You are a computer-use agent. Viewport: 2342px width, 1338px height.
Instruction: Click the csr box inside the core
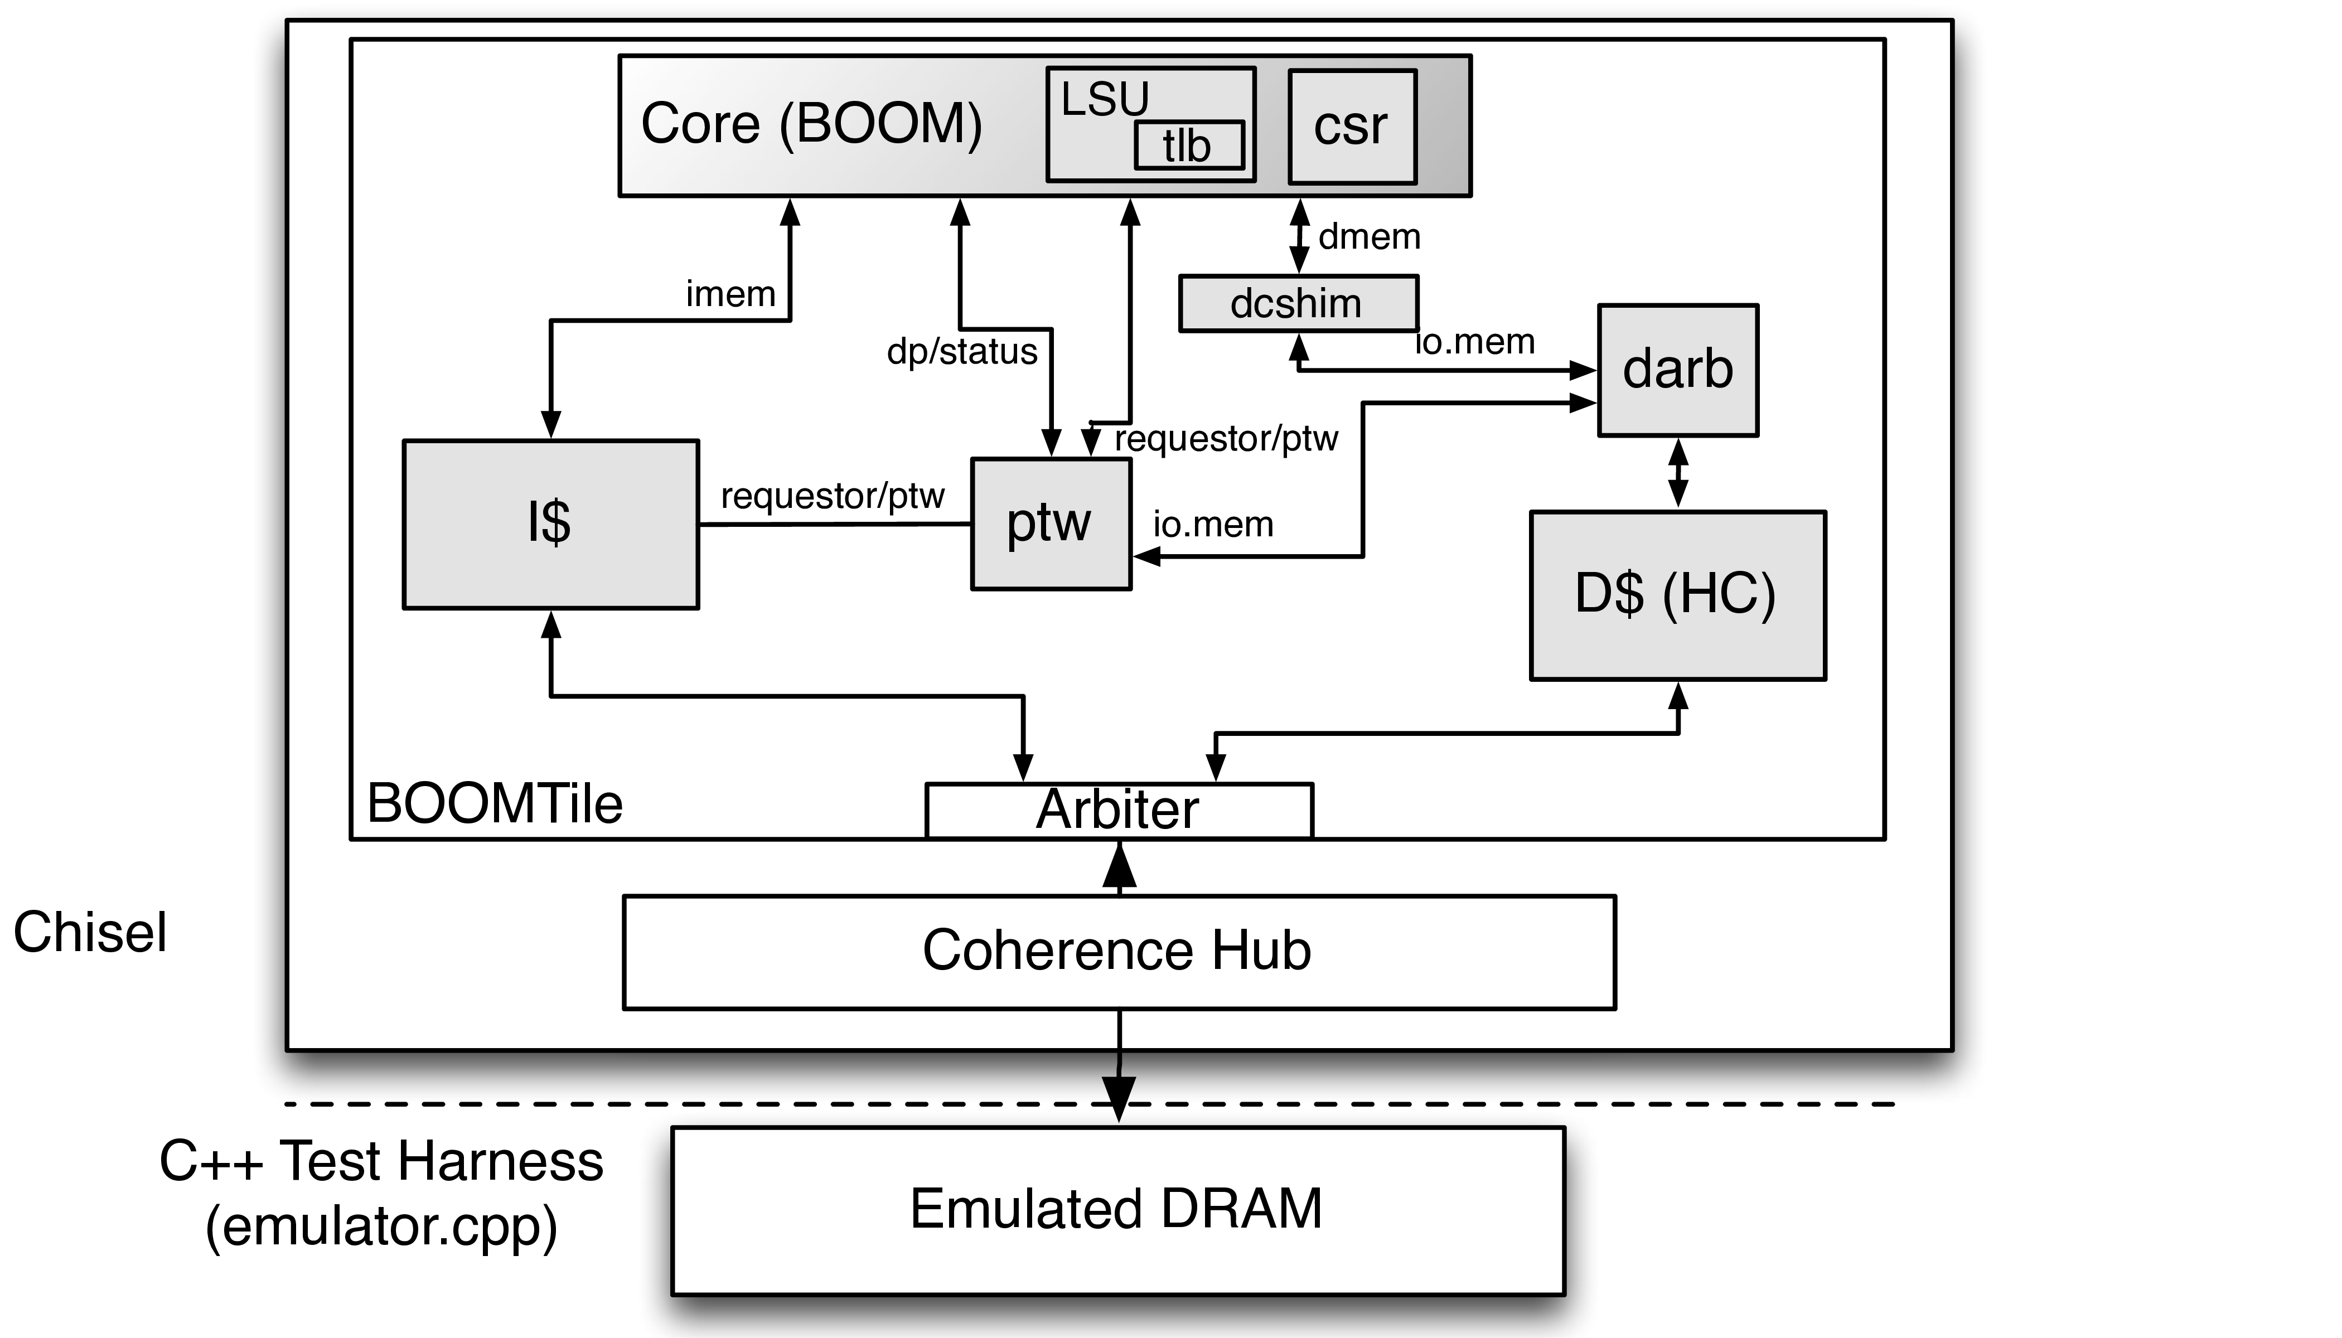pos(1352,127)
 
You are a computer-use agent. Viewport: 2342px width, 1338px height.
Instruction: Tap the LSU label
pos(1105,99)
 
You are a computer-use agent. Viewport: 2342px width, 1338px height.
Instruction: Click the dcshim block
pos(1298,303)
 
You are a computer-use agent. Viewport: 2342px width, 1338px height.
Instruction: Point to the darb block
pos(1677,370)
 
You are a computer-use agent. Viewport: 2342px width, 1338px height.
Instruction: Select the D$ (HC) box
pos(1677,594)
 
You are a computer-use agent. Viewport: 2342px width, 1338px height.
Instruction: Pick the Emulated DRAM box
pos(1117,1209)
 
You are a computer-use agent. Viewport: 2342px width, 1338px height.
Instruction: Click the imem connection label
pos(730,294)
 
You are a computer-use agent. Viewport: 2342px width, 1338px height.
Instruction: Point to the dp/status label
pos(961,351)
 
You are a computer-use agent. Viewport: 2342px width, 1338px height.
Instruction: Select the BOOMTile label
pos(495,804)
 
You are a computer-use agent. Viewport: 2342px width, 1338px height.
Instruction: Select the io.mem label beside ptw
pos(1213,525)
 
